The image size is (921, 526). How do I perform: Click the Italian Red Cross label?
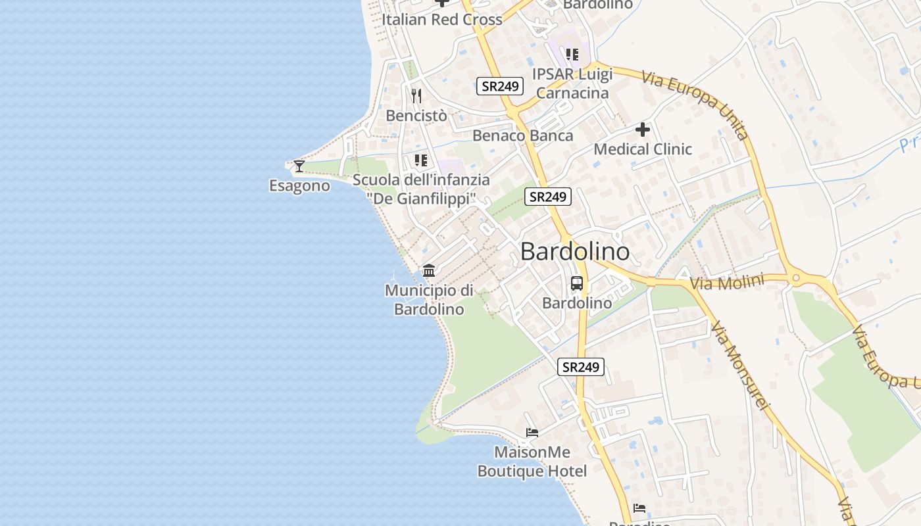[442, 20]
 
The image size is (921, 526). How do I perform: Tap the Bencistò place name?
[416, 116]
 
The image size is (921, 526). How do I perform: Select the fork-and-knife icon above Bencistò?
[416, 96]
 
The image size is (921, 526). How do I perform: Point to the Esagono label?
[299, 185]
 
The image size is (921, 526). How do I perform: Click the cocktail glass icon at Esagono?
[299, 166]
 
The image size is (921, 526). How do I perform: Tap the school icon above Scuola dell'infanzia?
[421, 160]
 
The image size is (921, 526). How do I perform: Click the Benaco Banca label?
[523, 135]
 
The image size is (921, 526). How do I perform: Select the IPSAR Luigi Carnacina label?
[572, 84]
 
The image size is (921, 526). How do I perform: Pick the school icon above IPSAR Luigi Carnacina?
[572, 54]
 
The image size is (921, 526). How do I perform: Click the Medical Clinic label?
[643, 149]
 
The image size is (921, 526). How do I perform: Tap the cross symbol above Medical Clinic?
[643, 130]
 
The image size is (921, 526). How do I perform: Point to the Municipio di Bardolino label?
[430, 300]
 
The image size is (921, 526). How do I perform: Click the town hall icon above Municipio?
[430, 270]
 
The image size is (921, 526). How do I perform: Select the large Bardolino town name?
[575, 251]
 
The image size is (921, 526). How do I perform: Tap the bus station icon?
[577, 283]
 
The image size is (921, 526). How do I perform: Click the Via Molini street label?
[727, 283]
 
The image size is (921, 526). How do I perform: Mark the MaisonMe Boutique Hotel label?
[532, 462]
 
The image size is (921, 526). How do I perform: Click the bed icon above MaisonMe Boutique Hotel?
[532, 433]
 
